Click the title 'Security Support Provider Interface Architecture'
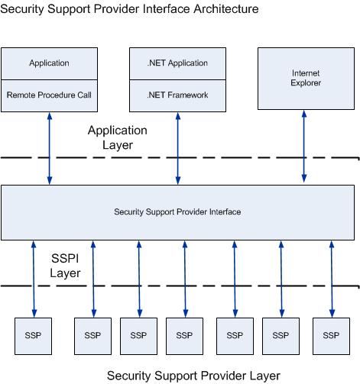point(131,9)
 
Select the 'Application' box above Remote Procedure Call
point(49,63)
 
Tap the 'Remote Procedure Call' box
point(49,95)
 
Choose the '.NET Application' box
point(178,63)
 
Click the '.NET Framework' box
point(178,95)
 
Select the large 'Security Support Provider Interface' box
point(177,211)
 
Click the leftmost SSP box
point(34,335)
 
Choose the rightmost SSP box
point(331,335)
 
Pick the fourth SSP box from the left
point(184,335)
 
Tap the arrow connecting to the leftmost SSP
point(34,278)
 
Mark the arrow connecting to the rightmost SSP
point(331,278)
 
